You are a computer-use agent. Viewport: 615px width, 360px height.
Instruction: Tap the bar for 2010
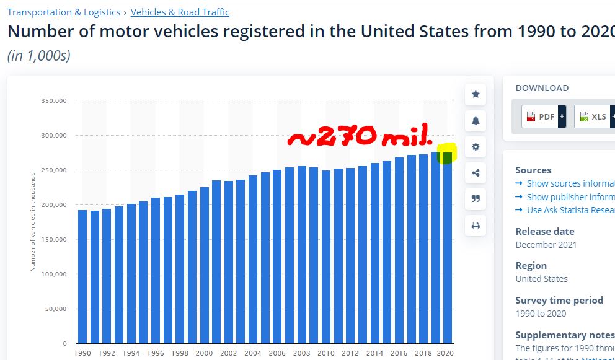(325, 257)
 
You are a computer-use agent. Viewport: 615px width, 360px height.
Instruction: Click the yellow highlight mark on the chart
(446, 153)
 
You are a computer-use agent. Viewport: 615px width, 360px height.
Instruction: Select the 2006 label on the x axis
(277, 353)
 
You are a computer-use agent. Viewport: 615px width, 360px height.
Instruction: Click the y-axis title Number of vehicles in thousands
(33, 222)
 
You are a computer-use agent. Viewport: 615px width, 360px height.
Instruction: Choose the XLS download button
(593, 116)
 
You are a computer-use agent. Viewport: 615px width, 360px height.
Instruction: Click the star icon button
(476, 94)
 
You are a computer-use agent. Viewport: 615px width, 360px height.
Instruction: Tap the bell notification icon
(476, 121)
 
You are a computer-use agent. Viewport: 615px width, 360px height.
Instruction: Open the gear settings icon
(476, 147)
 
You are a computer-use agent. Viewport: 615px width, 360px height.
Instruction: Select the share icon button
(476, 173)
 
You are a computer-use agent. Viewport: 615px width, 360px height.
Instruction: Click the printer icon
(476, 226)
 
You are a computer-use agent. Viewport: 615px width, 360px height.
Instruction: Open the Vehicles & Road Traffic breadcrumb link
(180, 12)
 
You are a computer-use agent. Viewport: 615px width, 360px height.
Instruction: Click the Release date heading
(545, 231)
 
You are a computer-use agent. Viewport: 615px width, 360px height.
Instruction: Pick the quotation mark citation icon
(476, 199)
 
